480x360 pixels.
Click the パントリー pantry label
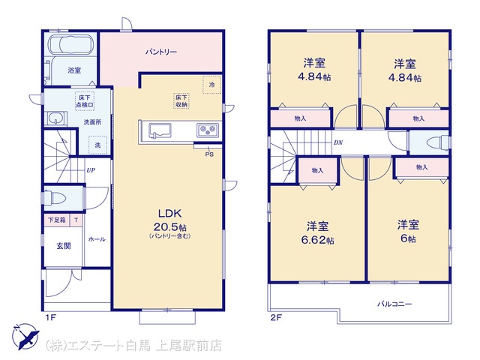(161, 52)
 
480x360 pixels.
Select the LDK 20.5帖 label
(170, 221)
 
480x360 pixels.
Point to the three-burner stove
(208, 130)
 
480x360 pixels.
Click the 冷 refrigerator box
(211, 85)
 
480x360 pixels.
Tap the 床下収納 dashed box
(181, 101)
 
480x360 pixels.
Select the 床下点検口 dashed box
(85, 101)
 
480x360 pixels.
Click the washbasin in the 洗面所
(56, 118)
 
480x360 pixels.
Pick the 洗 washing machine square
(97, 145)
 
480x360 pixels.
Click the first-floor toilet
(55, 197)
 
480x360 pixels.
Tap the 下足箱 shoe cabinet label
(57, 220)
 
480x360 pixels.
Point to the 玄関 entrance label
(64, 246)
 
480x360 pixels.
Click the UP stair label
(91, 170)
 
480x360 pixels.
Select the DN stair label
(338, 142)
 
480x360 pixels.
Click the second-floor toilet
(438, 143)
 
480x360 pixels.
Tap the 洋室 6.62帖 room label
(317, 233)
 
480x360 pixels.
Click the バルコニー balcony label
(394, 304)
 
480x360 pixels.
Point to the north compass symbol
(25, 336)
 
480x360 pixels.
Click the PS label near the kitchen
(209, 154)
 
